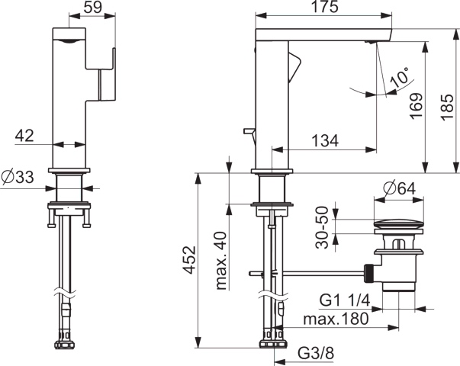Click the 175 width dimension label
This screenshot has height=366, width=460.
click(324, 7)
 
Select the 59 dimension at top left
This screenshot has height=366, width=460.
click(93, 7)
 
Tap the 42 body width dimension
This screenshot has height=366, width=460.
click(24, 136)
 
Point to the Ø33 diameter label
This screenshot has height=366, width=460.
click(18, 177)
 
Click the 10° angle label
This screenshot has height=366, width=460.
click(400, 76)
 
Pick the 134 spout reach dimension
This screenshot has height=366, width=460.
click(325, 140)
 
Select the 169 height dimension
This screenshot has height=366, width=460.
click(417, 105)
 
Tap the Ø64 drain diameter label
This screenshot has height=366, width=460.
click(400, 188)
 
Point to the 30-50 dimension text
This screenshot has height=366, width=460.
click(322, 227)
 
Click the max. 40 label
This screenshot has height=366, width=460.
click(221, 261)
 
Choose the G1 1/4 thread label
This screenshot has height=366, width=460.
click(345, 300)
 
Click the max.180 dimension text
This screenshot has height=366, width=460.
click(336, 319)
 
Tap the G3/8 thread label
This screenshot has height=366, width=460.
click(316, 353)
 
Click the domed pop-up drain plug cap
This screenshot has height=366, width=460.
click(398, 223)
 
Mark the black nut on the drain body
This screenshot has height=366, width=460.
click(368, 273)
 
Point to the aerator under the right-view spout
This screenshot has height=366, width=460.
click(370, 42)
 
